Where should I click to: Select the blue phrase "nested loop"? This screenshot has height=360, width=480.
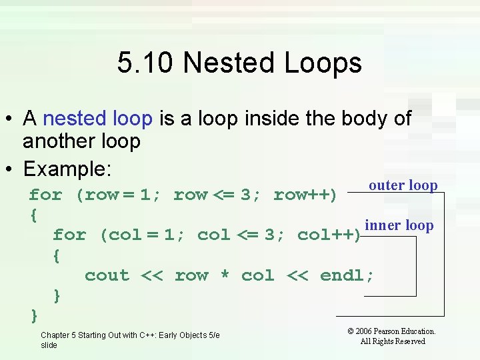pos(97,119)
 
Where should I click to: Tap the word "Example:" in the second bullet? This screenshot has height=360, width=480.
pos(67,169)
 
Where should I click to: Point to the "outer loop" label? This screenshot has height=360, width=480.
pos(403,185)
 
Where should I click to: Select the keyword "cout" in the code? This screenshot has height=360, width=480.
pos(107,275)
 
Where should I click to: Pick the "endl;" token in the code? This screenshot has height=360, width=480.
pos(347,275)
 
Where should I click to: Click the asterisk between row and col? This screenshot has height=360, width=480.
pos(225,276)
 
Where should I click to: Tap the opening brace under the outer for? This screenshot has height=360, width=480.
pos(33,215)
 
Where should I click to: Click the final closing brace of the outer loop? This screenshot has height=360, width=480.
pos(34,314)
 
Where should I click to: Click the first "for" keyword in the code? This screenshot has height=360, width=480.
pos(45,195)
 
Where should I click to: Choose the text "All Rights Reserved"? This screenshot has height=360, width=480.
pos(392,341)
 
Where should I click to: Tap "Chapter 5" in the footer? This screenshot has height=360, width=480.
pos(59,335)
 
